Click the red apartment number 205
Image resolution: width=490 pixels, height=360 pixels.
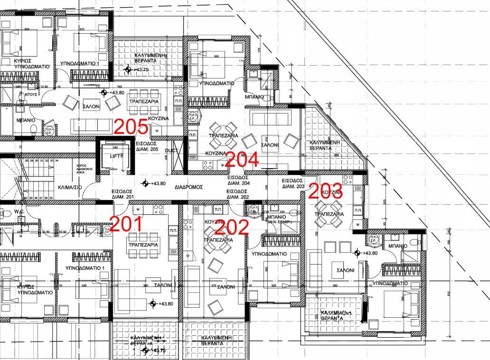point(131,127)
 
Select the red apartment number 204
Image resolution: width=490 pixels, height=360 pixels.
point(242,159)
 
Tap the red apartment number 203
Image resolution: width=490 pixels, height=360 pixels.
point(326,190)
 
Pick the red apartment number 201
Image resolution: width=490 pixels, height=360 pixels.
point(126,223)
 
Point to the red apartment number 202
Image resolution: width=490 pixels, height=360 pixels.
point(232,228)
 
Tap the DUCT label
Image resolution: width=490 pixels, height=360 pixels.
point(171,151)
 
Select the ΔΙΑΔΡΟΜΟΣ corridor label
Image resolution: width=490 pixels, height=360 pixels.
point(188,187)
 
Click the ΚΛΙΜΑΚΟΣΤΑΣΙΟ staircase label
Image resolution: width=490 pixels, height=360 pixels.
point(69,187)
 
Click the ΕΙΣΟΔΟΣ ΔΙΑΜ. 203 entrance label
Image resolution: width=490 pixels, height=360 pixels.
point(293,184)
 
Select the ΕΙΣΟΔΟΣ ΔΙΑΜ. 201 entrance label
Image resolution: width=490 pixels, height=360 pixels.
point(123,194)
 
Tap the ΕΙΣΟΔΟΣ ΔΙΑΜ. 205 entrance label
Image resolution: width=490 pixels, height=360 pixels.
point(147,146)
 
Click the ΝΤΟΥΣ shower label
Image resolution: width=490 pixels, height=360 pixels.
point(31,95)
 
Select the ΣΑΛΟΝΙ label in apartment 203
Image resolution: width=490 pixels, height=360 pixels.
point(345,270)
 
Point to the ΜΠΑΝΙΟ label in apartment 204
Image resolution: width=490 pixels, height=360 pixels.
point(255,96)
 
